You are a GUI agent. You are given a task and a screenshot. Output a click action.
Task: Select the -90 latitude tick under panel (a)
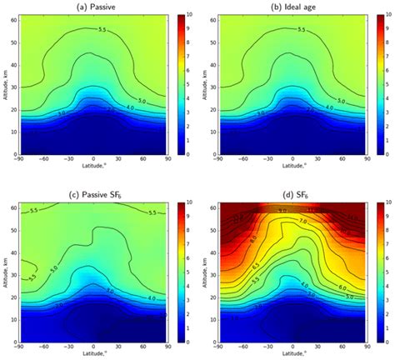(x=26, y=161)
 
